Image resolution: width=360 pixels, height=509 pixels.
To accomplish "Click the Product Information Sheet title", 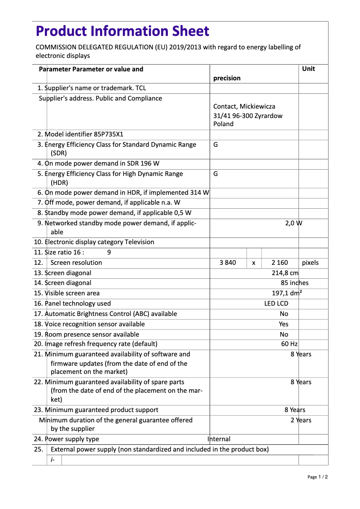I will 122,31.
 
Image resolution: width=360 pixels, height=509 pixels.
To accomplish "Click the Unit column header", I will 308,69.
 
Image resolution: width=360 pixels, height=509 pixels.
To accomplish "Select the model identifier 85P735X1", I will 109,134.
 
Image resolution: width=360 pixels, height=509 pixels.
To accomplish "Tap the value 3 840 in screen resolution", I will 228,263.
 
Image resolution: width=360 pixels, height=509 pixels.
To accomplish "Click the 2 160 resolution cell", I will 280,263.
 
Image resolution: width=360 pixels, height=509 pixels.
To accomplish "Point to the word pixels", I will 310,263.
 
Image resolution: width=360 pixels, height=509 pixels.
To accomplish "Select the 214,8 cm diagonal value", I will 285,273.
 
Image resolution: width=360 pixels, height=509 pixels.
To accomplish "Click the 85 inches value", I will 294,283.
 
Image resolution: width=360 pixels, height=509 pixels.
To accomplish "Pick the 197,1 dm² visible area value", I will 287,293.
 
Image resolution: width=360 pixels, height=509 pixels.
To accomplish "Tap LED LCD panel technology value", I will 276,303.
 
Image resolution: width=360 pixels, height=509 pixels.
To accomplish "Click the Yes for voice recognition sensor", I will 284,324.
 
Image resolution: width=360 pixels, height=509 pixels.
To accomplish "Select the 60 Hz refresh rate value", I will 289,344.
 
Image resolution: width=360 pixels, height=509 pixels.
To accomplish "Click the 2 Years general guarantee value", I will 300,420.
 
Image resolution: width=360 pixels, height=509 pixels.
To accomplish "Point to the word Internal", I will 219,439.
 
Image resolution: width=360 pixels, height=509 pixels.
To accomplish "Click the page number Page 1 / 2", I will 317,477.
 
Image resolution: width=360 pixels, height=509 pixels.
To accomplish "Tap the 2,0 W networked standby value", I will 294,223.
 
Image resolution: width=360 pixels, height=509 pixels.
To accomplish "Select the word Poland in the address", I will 223,124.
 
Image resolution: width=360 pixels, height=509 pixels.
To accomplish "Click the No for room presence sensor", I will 284,334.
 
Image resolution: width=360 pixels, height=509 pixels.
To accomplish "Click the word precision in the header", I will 227,78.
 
